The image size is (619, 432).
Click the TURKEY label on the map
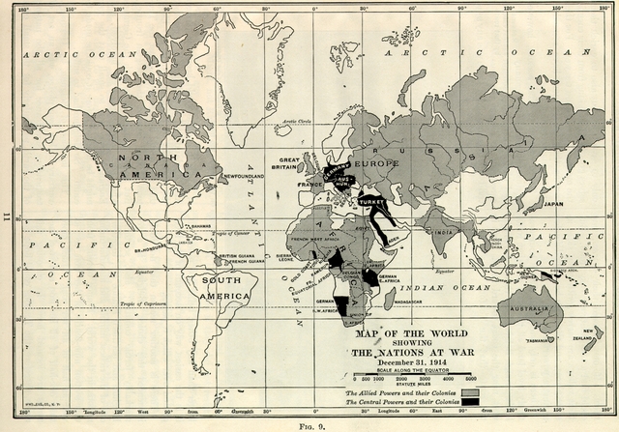tap(371, 203)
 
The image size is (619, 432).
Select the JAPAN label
tap(553, 204)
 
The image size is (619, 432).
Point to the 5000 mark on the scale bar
tap(470, 379)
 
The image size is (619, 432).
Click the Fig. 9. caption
tap(309, 424)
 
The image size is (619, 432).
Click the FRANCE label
tap(309, 184)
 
